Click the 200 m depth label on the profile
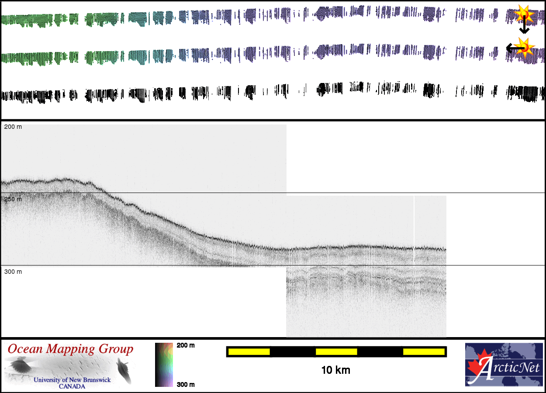point(13,127)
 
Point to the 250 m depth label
point(13,200)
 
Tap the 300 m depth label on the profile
point(13,272)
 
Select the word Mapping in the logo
point(70,349)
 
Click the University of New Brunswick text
point(72,380)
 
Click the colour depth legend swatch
point(164,365)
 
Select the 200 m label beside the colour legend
point(186,345)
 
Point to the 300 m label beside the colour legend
point(186,385)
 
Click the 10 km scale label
point(335,371)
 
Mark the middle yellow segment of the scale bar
point(336,352)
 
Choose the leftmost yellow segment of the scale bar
point(249,352)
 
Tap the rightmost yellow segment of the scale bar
point(424,352)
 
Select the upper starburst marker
point(524,14)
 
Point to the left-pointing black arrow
point(512,48)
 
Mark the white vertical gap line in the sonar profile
point(414,229)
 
